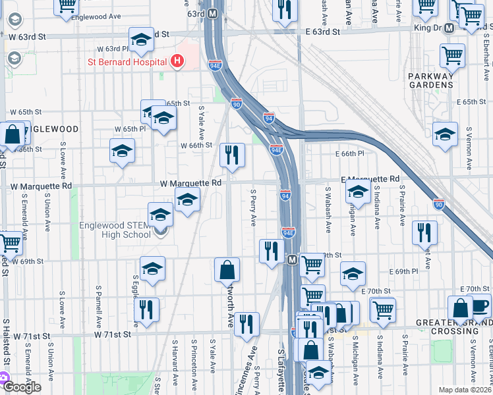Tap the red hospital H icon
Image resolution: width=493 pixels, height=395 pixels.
(177, 62)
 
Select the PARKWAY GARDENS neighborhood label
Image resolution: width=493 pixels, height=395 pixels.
(430, 80)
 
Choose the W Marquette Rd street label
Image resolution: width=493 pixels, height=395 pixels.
(190, 183)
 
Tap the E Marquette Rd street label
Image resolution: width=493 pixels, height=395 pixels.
(370, 179)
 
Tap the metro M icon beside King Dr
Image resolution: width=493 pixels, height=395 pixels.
(449, 28)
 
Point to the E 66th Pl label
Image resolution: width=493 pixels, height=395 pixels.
(349, 153)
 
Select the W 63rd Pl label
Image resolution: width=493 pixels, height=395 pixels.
(111, 49)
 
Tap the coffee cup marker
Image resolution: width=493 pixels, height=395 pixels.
(480, 307)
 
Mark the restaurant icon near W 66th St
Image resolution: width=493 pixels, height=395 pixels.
(232, 155)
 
